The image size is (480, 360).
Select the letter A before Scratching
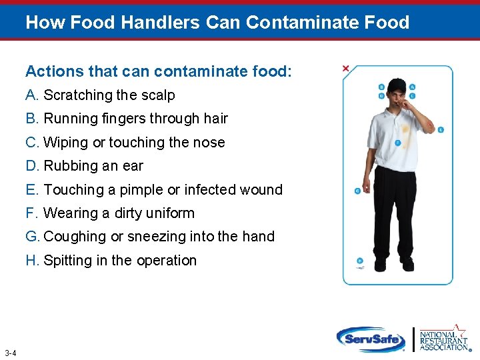tap(31, 95)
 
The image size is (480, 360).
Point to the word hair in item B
tap(215, 119)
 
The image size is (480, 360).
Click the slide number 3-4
tap(10, 353)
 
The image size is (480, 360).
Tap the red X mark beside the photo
tap(345, 69)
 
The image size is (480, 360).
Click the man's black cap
tap(397, 85)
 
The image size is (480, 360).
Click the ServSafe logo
tap(371, 339)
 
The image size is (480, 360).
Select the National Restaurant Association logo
tap(443, 338)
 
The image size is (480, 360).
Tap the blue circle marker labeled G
tap(357, 191)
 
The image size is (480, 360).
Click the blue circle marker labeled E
tap(441, 129)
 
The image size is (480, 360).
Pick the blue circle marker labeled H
tap(360, 261)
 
